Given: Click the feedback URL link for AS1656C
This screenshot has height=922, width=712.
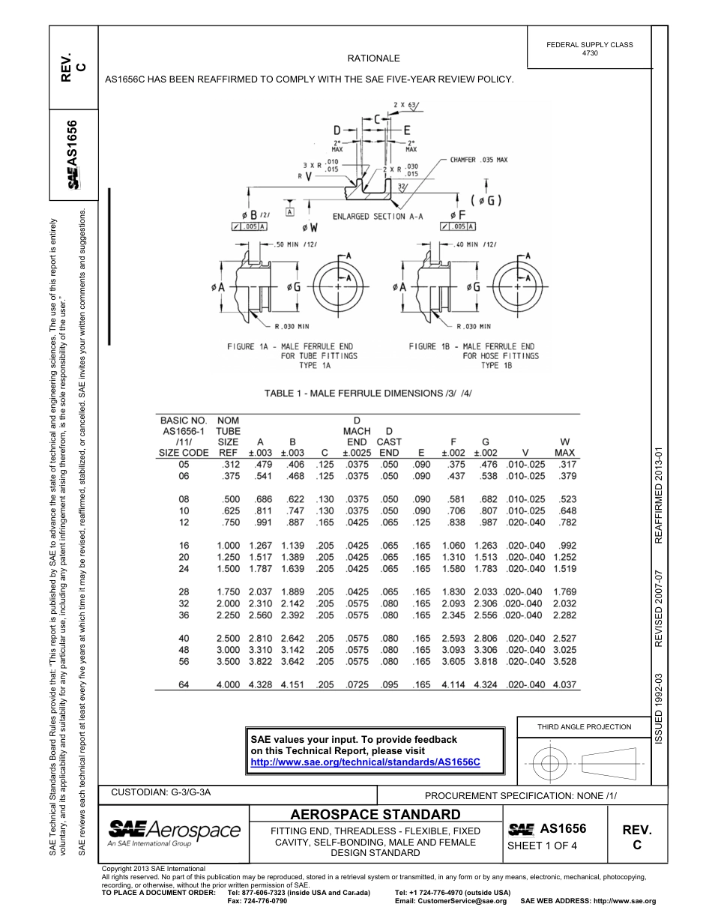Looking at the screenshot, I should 365,762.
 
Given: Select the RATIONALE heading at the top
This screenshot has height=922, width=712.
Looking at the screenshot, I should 373,58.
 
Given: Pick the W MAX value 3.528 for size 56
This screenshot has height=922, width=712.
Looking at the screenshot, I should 564,662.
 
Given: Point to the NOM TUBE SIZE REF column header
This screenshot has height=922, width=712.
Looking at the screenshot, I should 228,437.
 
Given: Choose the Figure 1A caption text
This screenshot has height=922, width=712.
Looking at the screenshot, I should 292,355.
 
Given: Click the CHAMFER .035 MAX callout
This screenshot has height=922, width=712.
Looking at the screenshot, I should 479,160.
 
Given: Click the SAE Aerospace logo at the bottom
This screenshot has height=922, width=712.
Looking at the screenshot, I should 174,832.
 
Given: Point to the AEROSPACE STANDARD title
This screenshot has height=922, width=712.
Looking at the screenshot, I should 375,814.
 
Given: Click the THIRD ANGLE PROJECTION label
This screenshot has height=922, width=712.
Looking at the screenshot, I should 584,726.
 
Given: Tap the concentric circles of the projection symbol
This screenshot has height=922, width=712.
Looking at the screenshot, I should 550,764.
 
